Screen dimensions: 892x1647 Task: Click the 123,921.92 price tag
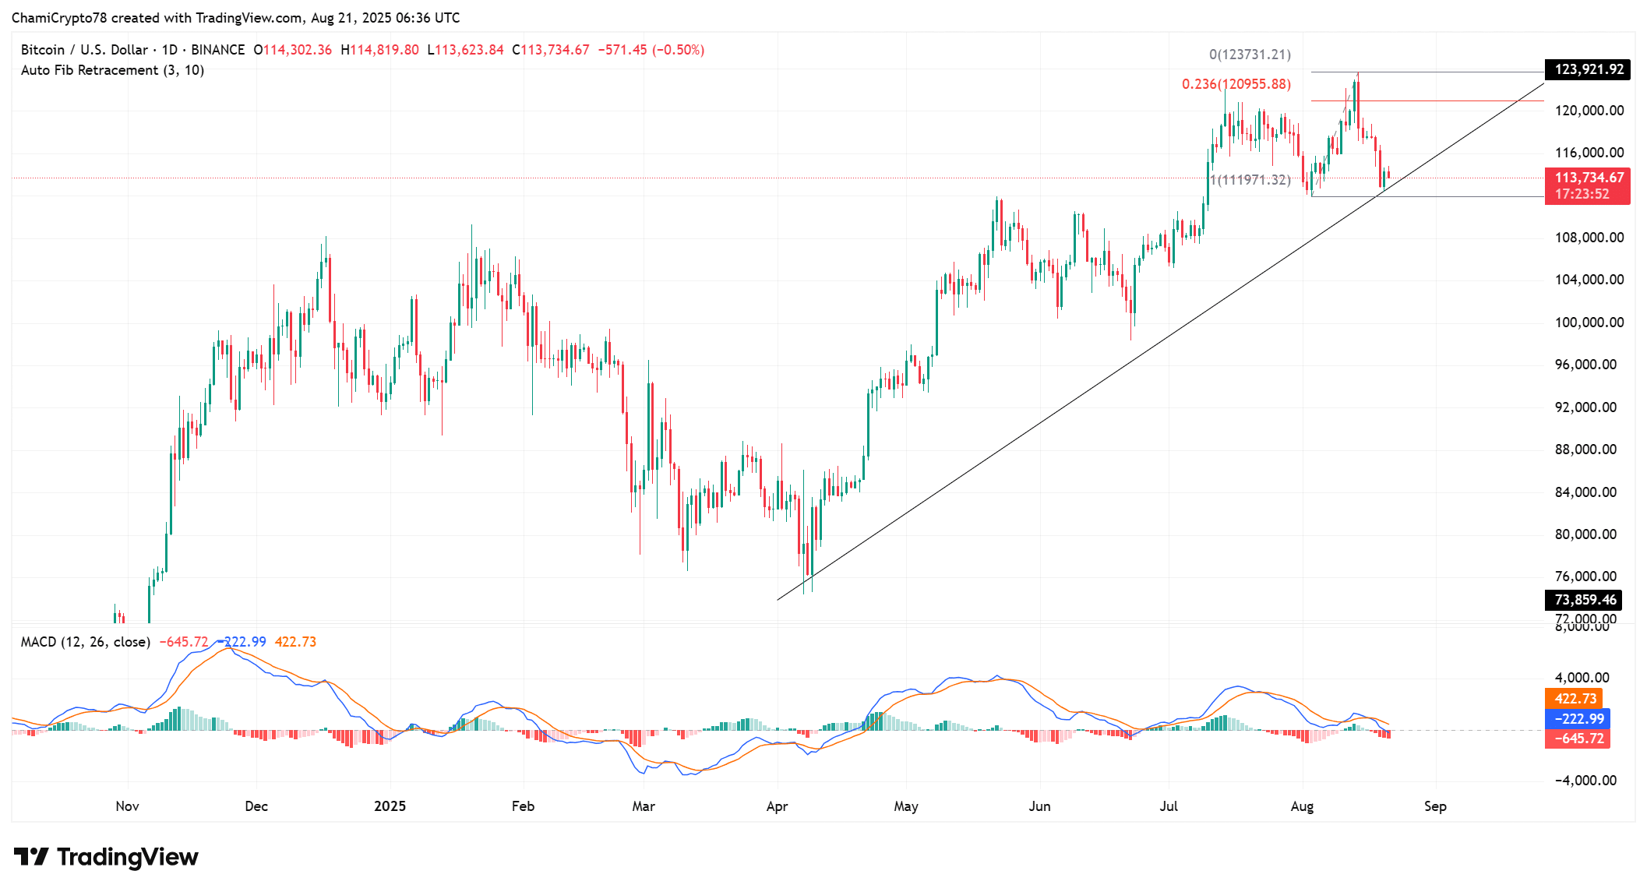click(1589, 69)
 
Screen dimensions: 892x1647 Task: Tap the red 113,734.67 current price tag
click(1589, 178)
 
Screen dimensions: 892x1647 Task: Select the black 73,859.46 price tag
click(1585, 600)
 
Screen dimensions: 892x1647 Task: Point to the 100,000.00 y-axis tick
click(1589, 323)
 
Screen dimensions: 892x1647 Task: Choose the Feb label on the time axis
click(523, 806)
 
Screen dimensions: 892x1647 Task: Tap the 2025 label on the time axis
click(390, 806)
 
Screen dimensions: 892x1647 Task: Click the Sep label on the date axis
click(1435, 806)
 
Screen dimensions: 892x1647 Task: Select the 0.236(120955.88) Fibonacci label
click(1236, 84)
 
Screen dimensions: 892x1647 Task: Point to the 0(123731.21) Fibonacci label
click(1250, 55)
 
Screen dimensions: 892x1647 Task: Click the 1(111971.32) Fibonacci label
click(1250, 180)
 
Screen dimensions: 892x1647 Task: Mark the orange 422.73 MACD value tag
click(1575, 699)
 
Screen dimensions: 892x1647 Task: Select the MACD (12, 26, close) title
click(86, 642)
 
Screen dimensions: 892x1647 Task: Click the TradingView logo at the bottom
click(106, 857)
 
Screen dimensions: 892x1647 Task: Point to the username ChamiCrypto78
click(58, 18)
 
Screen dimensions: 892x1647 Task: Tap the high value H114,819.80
click(380, 50)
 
